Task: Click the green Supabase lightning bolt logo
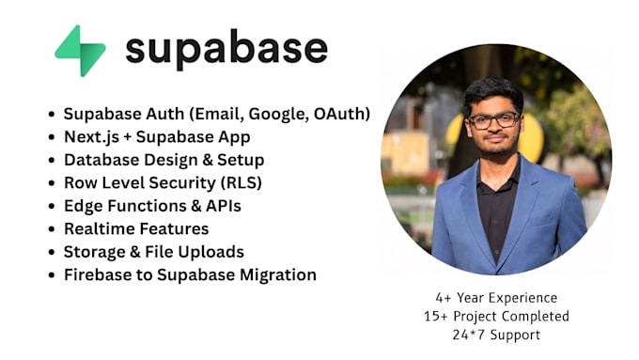click(80, 51)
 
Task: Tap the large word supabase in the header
click(226, 50)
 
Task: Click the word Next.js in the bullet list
click(92, 137)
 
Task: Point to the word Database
click(101, 160)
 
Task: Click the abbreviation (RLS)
click(242, 183)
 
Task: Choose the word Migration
click(278, 275)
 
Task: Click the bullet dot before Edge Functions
click(52, 206)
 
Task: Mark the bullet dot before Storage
click(52, 252)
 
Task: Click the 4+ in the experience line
click(444, 298)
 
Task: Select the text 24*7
click(469, 335)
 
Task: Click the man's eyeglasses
click(493, 120)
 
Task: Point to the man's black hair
click(492, 93)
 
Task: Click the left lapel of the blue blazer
click(468, 204)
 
